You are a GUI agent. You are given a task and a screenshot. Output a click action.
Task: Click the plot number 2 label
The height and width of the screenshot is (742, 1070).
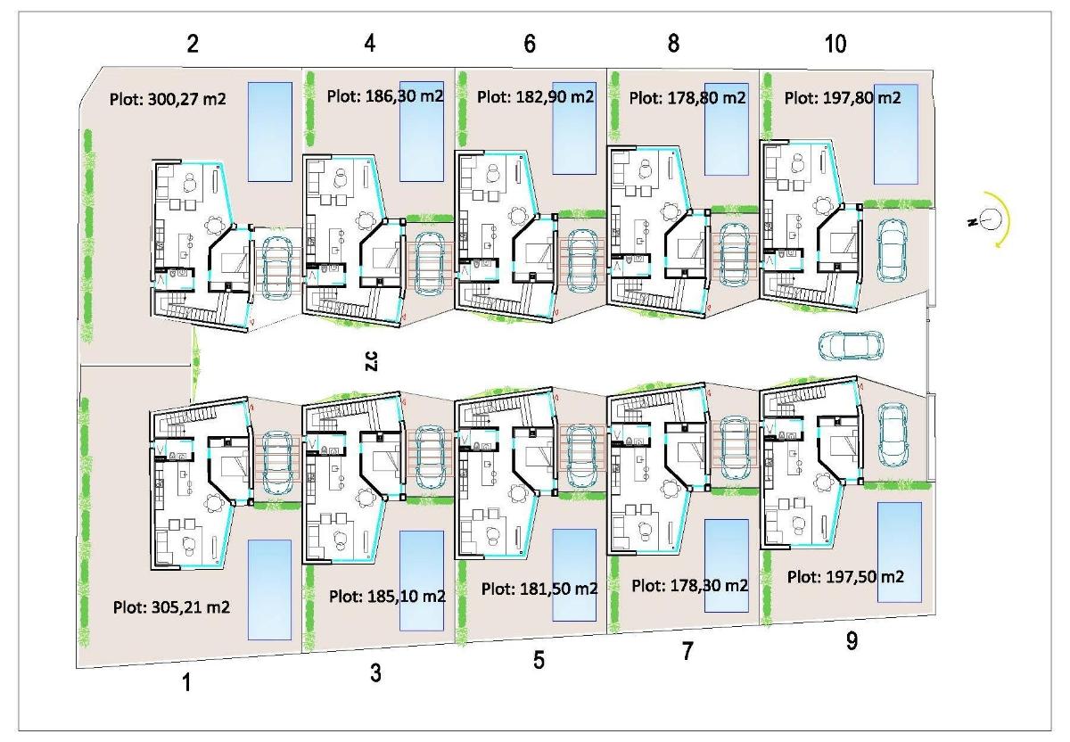(193, 45)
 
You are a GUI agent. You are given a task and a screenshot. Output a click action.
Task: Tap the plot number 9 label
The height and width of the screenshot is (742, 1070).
(852, 641)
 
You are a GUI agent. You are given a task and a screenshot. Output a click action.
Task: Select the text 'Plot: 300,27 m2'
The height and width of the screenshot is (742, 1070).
(168, 99)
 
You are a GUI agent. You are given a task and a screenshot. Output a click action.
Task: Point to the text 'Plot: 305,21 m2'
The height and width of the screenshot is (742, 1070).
(172, 607)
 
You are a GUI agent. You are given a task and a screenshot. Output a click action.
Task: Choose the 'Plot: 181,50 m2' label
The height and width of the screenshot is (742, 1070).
(539, 589)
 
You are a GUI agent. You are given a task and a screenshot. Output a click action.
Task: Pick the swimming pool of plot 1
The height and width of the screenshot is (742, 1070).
(269, 588)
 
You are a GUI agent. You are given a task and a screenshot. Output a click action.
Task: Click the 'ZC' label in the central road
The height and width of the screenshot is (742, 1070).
(373, 360)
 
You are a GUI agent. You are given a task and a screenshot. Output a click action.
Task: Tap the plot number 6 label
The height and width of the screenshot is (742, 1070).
(530, 45)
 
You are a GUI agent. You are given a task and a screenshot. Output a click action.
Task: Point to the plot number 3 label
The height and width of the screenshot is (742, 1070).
(375, 673)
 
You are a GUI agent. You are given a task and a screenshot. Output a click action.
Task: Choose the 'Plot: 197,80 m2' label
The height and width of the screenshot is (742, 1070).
(843, 97)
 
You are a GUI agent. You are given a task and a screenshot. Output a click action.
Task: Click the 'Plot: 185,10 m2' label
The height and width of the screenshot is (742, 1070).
(387, 596)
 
